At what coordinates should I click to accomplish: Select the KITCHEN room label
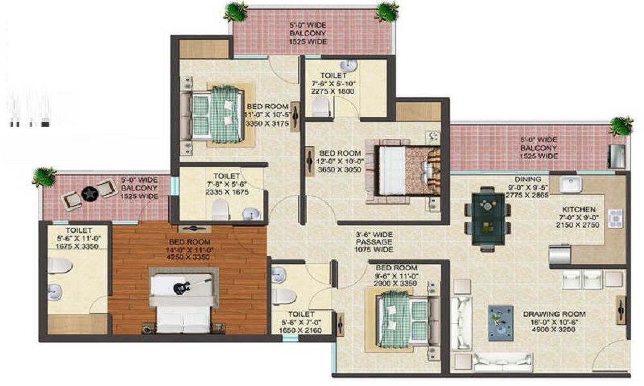pos(578,210)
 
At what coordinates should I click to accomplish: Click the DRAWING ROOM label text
pos(549,315)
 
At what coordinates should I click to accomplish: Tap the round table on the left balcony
pos(90,192)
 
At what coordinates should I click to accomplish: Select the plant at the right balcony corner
pos(621,125)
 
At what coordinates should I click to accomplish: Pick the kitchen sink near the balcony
pos(571,185)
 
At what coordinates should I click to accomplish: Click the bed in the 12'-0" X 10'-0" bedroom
pos(406,166)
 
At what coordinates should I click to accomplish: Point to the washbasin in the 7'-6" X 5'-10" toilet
pos(348,66)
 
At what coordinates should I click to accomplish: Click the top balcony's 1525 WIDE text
pos(307,42)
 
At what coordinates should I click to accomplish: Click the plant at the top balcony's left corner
pos(236,10)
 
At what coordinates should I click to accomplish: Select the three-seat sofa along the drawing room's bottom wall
pos(503,362)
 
